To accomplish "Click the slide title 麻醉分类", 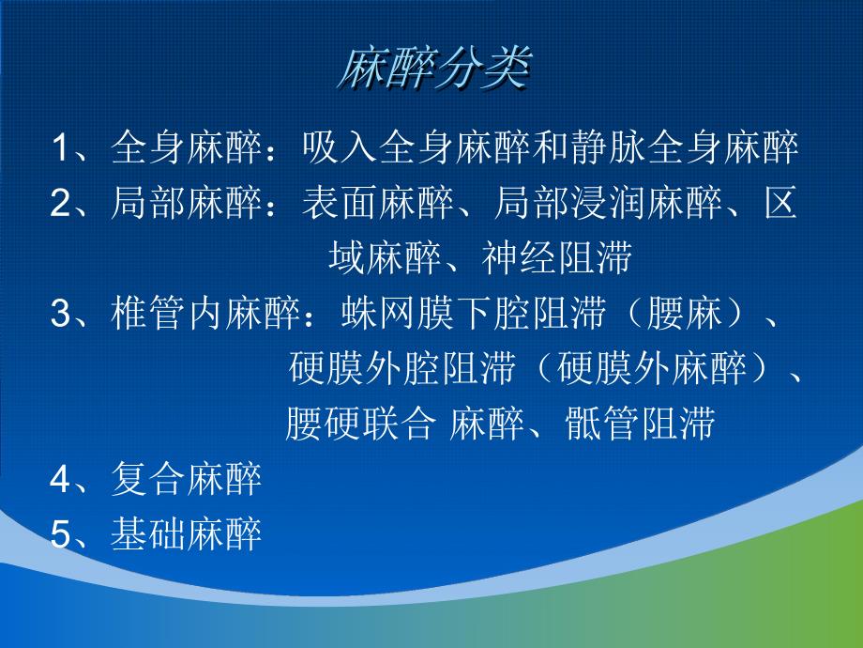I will (x=432, y=69).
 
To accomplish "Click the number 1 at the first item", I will (x=61, y=147).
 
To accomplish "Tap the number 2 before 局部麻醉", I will (x=61, y=203).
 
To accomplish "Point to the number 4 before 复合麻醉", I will (x=61, y=480).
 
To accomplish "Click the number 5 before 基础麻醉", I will (x=61, y=535).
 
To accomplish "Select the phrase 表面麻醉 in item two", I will (x=379, y=203).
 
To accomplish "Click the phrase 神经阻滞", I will (x=558, y=257).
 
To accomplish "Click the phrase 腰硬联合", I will (x=360, y=424).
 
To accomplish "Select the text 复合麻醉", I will (x=186, y=480).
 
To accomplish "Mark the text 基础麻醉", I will (x=186, y=535).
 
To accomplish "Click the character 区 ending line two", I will (x=780, y=203).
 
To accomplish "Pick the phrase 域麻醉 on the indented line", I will (x=386, y=257).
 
